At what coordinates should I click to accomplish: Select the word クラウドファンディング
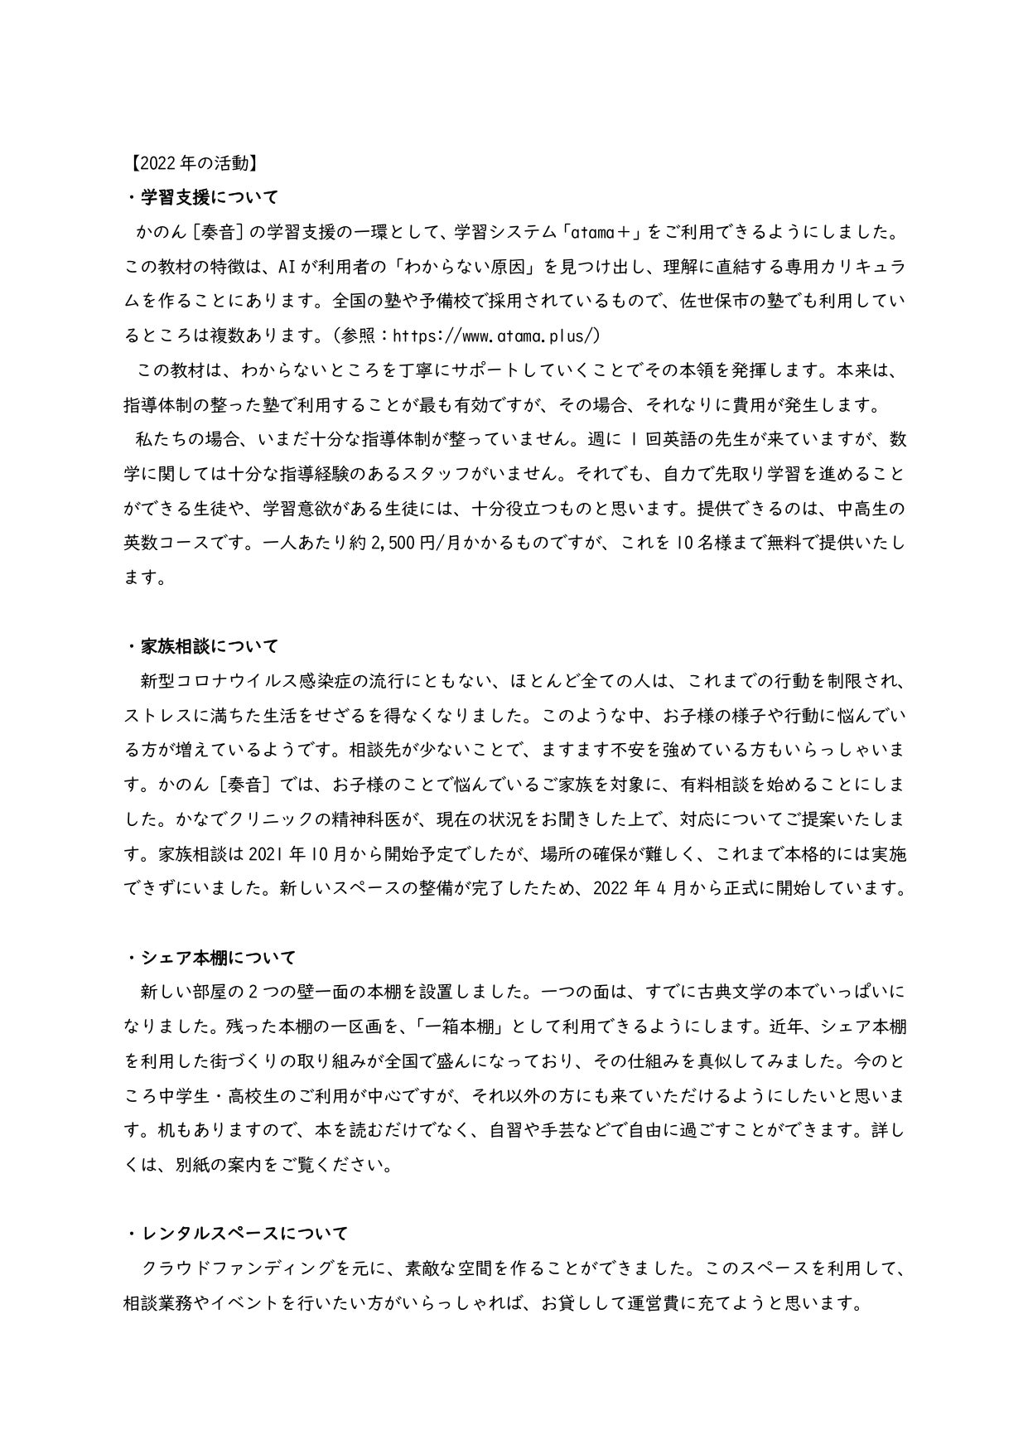point(251,1268)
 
